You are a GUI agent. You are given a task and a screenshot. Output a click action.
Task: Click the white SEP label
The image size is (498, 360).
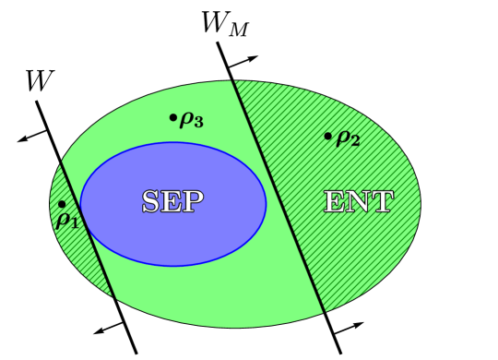point(172,202)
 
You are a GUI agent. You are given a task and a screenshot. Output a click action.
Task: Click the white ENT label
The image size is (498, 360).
point(359,202)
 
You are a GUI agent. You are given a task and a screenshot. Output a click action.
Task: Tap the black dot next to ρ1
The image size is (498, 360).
point(62,204)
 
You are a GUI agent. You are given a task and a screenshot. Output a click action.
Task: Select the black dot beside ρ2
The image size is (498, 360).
point(327,137)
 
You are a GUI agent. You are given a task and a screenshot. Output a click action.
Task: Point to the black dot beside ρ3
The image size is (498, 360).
point(172,117)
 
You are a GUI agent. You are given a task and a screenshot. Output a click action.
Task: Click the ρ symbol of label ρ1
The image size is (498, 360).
point(63,219)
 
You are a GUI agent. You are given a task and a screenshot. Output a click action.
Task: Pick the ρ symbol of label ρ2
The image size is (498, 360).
point(342,138)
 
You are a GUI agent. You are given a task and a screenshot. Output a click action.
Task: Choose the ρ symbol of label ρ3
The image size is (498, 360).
point(186,118)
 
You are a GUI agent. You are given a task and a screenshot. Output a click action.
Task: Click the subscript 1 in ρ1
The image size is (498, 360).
point(75,223)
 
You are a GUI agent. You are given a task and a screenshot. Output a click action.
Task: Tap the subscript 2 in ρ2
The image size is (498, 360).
point(355,141)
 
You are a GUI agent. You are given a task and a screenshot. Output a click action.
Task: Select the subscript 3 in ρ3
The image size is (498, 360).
point(198,122)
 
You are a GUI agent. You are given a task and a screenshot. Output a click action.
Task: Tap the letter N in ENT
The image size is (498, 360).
point(359,202)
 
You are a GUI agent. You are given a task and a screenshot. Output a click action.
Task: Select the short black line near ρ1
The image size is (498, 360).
point(88,230)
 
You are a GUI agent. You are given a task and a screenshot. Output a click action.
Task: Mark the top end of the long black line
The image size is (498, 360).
point(233,82)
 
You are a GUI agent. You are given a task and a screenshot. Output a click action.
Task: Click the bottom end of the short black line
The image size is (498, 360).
point(114,296)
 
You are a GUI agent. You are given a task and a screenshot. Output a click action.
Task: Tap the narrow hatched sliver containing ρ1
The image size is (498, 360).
point(72,242)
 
